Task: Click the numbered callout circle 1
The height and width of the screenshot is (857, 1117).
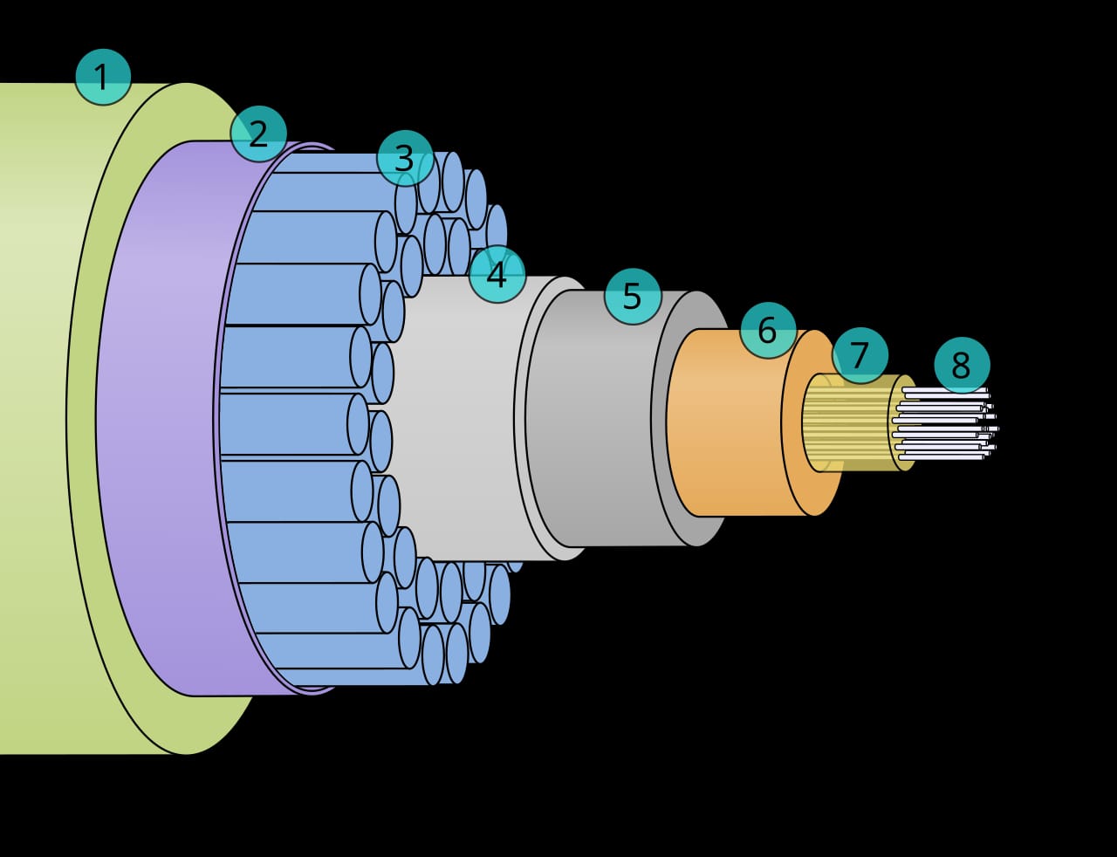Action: (x=103, y=77)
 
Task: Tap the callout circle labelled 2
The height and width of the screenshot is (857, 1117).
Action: (x=258, y=134)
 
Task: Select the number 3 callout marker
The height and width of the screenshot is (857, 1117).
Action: (x=405, y=158)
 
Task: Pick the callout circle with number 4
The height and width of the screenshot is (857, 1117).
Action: (x=497, y=275)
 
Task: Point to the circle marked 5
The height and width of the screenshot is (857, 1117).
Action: (x=633, y=296)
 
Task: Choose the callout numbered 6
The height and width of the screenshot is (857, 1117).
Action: (x=768, y=330)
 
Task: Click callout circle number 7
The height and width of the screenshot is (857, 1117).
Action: (x=860, y=355)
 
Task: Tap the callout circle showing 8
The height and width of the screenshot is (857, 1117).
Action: (x=962, y=366)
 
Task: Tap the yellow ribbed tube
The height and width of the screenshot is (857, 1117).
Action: (x=848, y=422)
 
